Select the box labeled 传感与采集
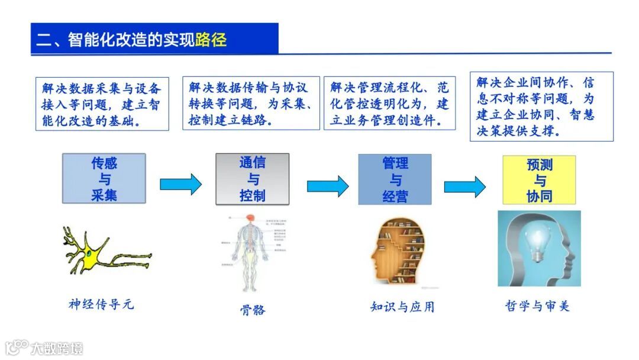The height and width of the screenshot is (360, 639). pos(104,179)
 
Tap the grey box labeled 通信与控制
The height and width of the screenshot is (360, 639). pos(252,179)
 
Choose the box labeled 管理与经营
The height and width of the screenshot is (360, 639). pos(395,179)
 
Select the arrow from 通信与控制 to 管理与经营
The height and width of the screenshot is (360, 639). pos(327,186)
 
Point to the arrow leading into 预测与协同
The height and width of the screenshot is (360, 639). pos(464,187)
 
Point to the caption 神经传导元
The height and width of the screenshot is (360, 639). pos(101,304)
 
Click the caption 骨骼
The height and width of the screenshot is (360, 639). pos(253,309)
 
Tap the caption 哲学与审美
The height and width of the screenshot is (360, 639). pos(537,306)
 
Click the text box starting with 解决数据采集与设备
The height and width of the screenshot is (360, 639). pos(101,104)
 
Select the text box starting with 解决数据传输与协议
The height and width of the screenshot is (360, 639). pos(251,104)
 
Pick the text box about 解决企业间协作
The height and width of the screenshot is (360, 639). pos(541,107)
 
